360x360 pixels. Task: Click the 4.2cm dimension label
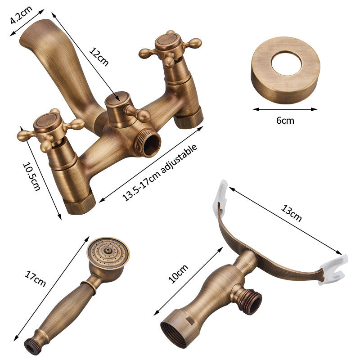[21, 15]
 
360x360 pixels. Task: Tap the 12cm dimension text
[99, 57]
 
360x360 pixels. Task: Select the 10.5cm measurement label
[31, 176]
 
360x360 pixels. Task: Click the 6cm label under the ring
[285, 120]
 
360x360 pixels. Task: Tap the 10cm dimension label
[178, 274]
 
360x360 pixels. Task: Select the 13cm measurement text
[291, 213]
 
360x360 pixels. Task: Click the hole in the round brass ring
[286, 63]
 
